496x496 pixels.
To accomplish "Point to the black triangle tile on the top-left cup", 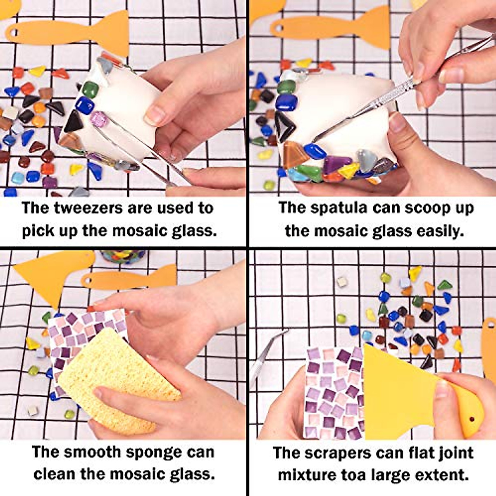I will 74,122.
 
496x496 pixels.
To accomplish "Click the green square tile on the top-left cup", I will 91,89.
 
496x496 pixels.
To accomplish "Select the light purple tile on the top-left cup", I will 99,119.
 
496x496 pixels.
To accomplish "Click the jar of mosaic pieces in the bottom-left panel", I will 122,256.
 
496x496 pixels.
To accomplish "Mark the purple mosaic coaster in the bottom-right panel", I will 333,393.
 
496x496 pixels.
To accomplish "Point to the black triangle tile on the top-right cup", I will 286,126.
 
